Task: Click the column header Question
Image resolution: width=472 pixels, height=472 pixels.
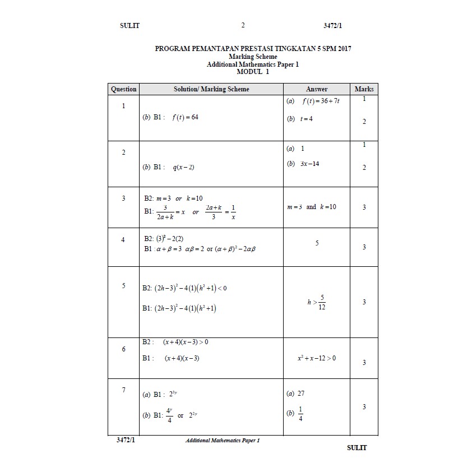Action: pos(123,89)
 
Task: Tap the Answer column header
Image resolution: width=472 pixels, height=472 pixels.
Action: pos(317,89)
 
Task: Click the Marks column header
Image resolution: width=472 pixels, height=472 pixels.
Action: pos(364,89)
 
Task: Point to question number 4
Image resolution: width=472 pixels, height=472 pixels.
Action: pos(123,240)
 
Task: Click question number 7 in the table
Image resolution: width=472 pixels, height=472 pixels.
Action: pos(123,390)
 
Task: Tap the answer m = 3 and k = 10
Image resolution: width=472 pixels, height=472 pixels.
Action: pos(312,207)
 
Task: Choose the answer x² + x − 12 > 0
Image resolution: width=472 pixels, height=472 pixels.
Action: pos(317,358)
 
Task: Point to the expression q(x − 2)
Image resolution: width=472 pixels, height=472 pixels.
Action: pos(183,167)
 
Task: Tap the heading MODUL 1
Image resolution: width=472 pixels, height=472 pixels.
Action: pos(253,72)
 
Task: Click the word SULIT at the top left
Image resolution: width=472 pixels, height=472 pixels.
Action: pos(129,25)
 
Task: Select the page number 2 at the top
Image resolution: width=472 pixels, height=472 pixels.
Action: pos(243,25)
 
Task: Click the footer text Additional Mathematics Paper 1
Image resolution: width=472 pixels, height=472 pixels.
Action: pos(223,441)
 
